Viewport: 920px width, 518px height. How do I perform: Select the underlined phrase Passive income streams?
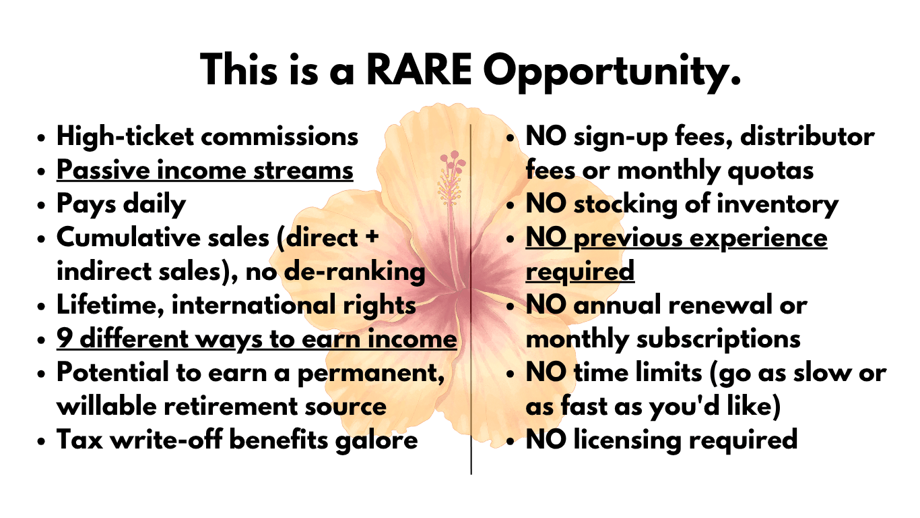[x=205, y=171]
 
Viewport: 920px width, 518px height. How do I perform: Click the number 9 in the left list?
[x=64, y=339]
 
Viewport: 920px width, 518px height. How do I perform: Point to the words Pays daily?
[x=121, y=205]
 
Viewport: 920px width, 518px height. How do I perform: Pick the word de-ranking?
[x=354, y=272]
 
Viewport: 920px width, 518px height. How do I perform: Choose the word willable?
[x=106, y=406]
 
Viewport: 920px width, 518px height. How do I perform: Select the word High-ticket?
[x=125, y=137]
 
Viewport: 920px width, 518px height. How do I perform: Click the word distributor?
[x=808, y=136]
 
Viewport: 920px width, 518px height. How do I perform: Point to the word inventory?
[x=777, y=205]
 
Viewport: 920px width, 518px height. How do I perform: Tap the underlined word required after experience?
[x=580, y=272]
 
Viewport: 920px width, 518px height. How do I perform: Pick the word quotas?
[x=770, y=171]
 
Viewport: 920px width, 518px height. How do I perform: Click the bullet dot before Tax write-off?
[x=40, y=442]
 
